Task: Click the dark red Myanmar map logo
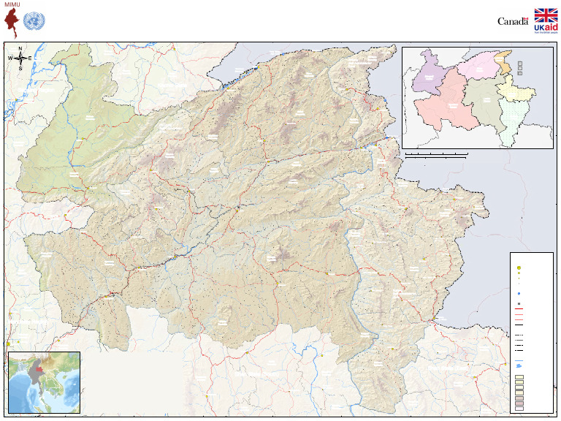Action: click(x=12, y=23)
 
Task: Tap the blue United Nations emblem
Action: click(x=32, y=21)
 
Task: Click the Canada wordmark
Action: click(x=512, y=21)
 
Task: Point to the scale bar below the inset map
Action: click(x=436, y=155)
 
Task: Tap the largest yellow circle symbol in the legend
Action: click(x=518, y=267)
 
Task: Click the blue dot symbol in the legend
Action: click(x=518, y=293)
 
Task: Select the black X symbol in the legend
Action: click(x=518, y=303)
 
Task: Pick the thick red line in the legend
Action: click(x=518, y=309)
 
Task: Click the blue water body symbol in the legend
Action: click(x=519, y=365)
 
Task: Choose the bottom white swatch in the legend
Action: click(x=519, y=409)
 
